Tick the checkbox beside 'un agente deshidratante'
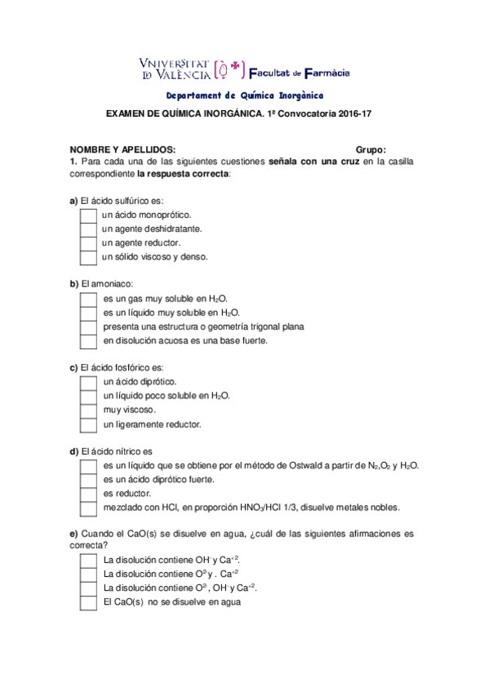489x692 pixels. [x=88, y=229]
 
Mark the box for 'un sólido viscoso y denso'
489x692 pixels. [x=88, y=257]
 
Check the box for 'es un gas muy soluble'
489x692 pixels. [x=88, y=299]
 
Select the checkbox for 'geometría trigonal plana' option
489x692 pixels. [x=88, y=326]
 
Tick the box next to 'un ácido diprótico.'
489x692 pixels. [x=88, y=382]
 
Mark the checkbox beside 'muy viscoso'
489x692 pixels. [x=88, y=410]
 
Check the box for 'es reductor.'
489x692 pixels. [x=88, y=494]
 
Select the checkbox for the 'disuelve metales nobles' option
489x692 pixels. [x=88, y=508]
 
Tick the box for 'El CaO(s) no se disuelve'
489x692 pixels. [x=88, y=602]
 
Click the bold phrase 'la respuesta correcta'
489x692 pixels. [x=183, y=174]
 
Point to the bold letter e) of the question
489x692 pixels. [x=73, y=534]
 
